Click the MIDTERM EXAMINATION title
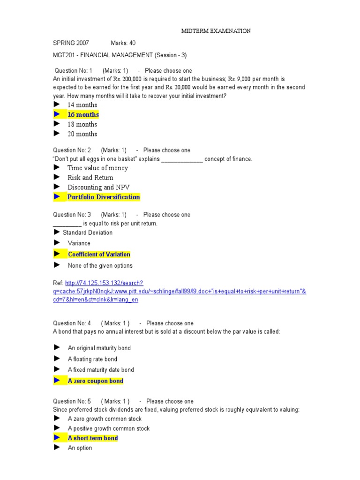pos(216,31)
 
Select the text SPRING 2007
pos(71,43)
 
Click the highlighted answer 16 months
pos(83,115)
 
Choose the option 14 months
pos(82,105)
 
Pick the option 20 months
pos(82,134)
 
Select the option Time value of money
pos(97,168)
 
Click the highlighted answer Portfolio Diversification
pos(104,197)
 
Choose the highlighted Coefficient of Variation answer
pos(99,255)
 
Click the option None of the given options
pos(100,266)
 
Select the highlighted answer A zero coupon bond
pos(95,381)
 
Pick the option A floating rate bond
pos(92,359)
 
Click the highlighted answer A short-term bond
pos(92,438)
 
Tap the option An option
pos(80,448)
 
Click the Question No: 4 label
pos(72,323)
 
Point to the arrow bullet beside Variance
pos(57,243)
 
